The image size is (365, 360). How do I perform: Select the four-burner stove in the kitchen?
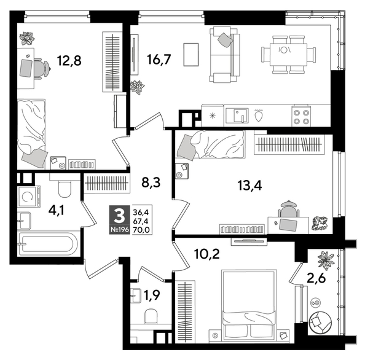tap(301, 116)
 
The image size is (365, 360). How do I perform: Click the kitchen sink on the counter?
tap(237, 115)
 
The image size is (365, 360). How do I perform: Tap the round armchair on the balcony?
tap(321, 321)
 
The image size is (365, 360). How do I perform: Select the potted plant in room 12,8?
tap(27, 39)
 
